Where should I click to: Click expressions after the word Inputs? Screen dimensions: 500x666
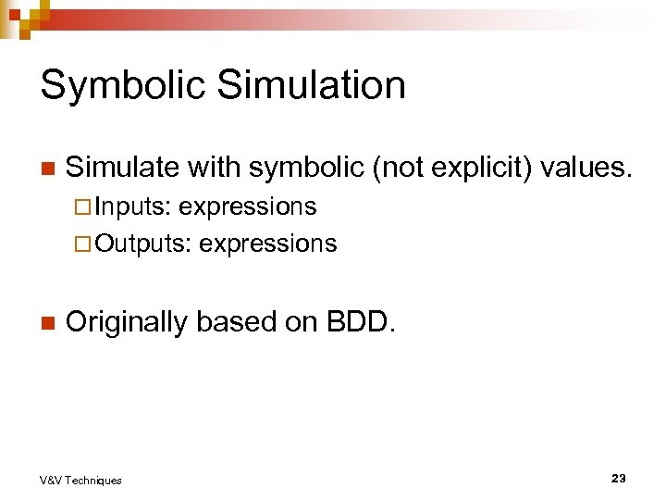(x=247, y=206)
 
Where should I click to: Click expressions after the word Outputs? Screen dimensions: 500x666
(x=268, y=244)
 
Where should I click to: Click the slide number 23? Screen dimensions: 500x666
(x=618, y=478)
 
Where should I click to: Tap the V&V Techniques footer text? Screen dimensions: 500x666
(x=80, y=480)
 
